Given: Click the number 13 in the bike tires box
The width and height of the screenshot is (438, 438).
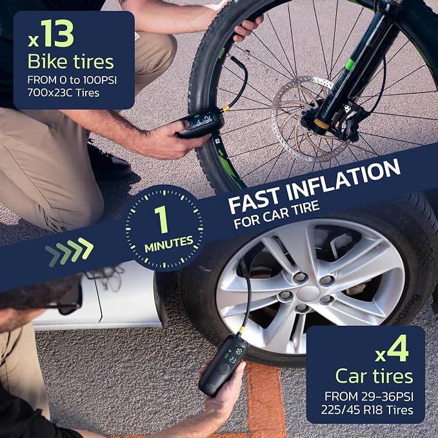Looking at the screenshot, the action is [x=59, y=33].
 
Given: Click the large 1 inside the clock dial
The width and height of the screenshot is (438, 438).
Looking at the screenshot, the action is [x=162, y=219].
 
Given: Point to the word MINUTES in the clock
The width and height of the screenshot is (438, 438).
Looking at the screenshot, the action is [x=169, y=244].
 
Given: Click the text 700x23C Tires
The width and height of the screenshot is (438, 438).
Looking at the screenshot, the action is [x=63, y=93].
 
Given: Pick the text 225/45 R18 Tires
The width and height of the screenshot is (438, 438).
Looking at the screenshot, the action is [x=367, y=410].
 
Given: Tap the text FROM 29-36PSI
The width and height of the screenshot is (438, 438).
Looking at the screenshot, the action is [x=369, y=396].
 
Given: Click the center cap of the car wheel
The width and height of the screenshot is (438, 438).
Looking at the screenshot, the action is [x=308, y=294].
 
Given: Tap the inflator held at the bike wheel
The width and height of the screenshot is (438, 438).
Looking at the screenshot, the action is [x=200, y=123].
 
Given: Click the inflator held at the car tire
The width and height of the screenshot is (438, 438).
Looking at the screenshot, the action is [x=223, y=365].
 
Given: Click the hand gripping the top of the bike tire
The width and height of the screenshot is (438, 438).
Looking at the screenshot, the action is [x=246, y=26].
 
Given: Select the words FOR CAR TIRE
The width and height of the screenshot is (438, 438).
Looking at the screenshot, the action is [x=277, y=214].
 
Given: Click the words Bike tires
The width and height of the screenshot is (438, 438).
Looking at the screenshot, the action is [x=71, y=61].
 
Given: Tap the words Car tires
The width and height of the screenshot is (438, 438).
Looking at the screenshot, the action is [x=374, y=376].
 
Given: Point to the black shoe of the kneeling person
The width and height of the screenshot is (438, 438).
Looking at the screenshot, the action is [x=112, y=162].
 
